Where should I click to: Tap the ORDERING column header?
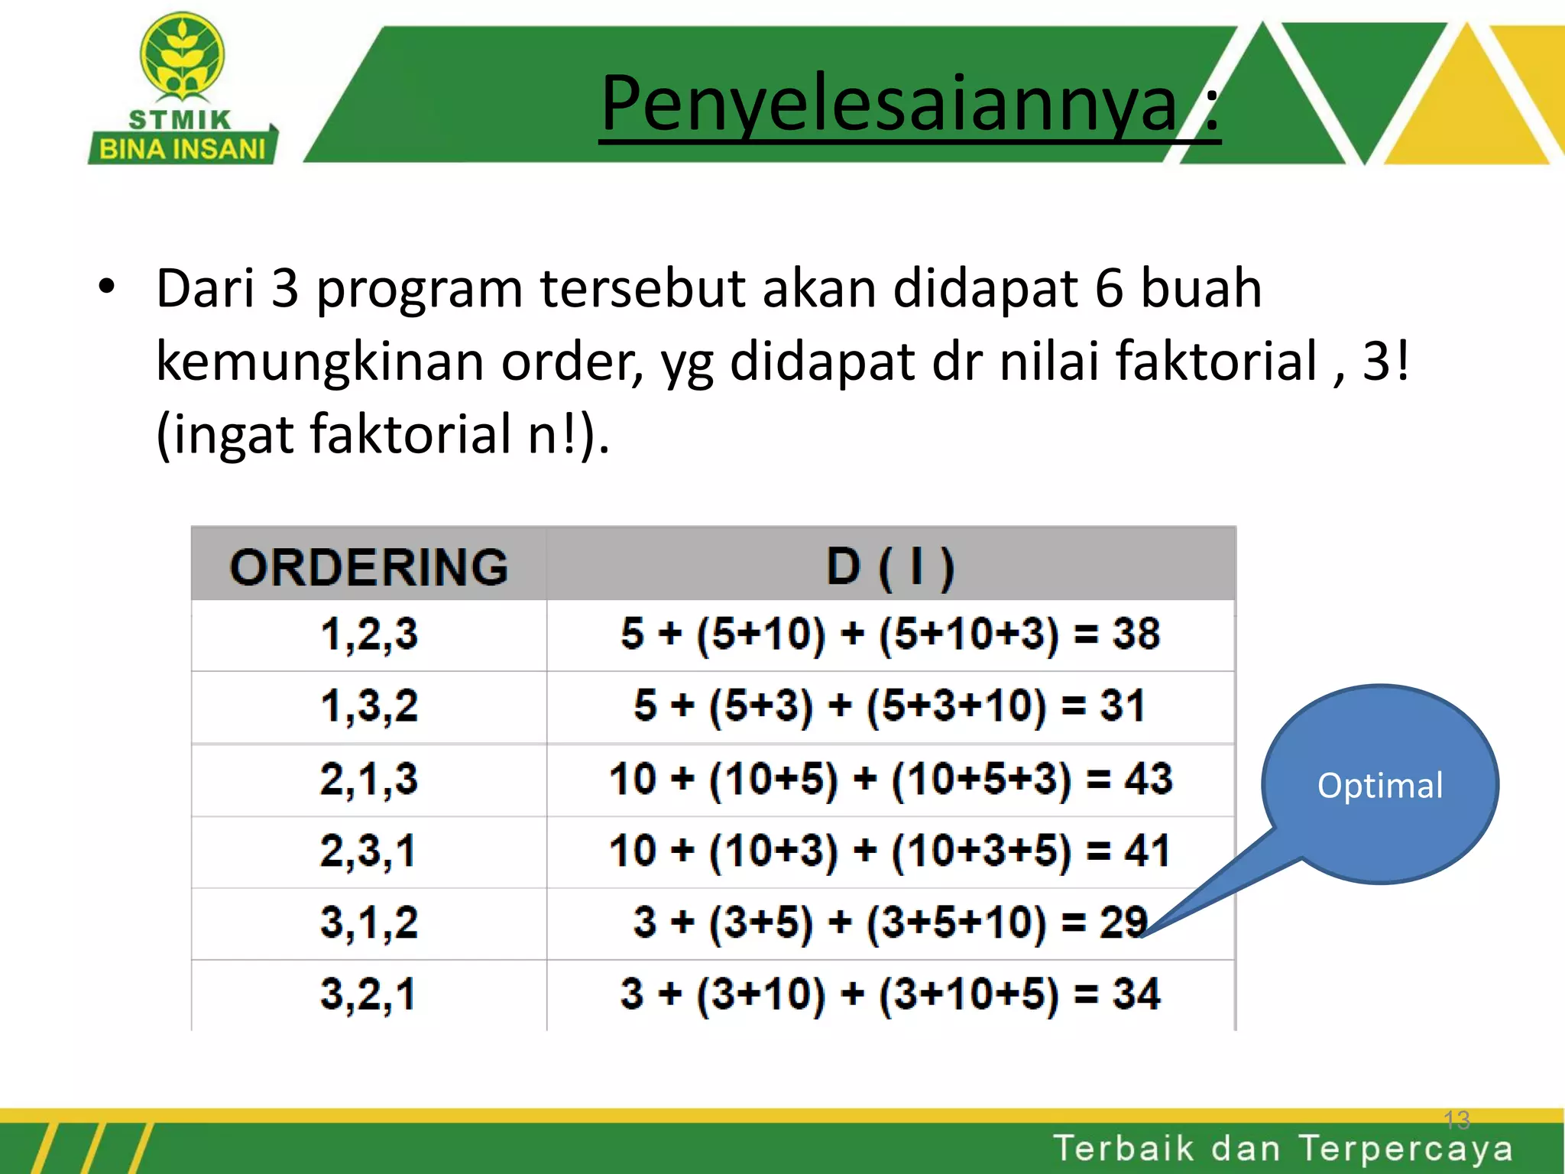[369, 567]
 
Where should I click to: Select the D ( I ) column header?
[890, 567]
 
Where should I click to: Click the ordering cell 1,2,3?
[369, 634]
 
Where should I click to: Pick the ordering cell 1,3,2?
[369, 705]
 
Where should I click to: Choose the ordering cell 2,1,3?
[369, 779]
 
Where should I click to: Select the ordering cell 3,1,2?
[369, 922]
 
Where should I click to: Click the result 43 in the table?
[1148, 779]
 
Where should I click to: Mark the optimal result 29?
[1123, 922]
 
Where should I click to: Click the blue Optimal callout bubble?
[1380, 785]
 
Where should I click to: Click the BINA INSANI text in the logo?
[183, 149]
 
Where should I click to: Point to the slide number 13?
[1456, 1120]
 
